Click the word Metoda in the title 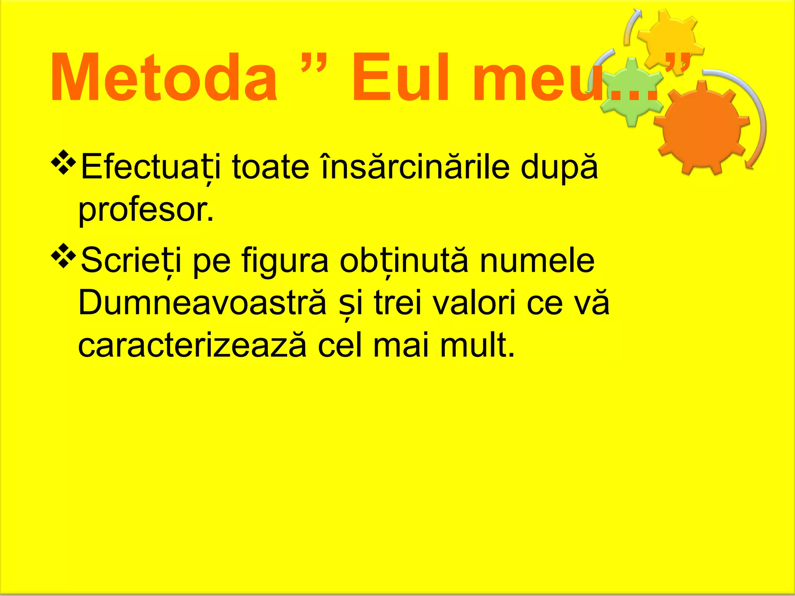(163, 78)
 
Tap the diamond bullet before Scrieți (64, 256)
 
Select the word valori (474, 303)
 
